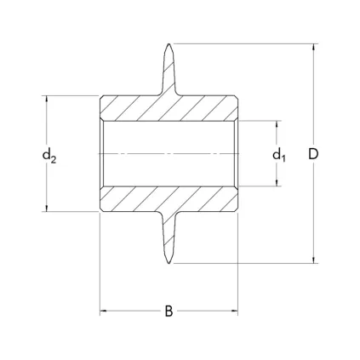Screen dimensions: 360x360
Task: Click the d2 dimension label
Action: [x=49, y=156]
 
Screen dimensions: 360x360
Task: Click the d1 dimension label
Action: [x=279, y=155]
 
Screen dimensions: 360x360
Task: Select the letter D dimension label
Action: [x=313, y=154]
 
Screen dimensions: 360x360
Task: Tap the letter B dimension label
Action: [x=169, y=311]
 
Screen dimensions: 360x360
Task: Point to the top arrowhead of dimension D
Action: [x=313, y=48]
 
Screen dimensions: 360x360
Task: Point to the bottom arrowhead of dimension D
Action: [x=313, y=260]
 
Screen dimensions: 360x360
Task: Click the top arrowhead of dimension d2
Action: [x=47, y=100]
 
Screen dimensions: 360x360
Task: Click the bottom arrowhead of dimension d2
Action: [x=47, y=208]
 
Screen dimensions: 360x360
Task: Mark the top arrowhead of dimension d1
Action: [x=277, y=124]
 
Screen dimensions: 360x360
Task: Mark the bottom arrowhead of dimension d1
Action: [x=277, y=183]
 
